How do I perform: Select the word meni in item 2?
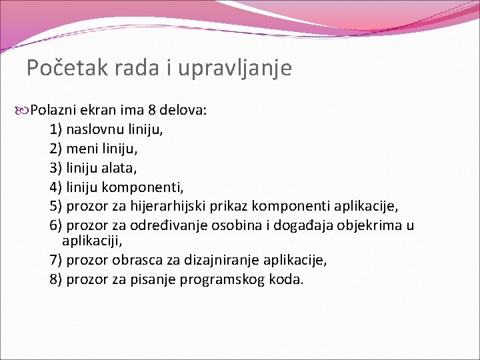(81, 148)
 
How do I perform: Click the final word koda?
(287, 279)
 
